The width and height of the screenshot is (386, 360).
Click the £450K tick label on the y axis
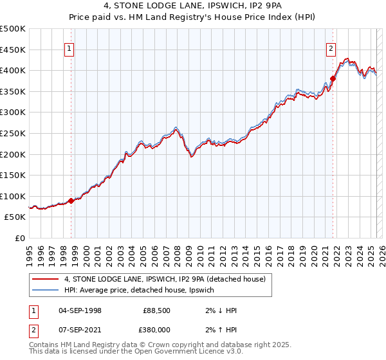click(13, 50)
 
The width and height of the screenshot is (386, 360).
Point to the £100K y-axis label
click(13, 196)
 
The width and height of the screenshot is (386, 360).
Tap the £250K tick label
click(13, 133)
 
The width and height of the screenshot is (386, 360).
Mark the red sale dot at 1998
click(71, 201)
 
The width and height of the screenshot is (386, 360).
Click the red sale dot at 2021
click(333, 78)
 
